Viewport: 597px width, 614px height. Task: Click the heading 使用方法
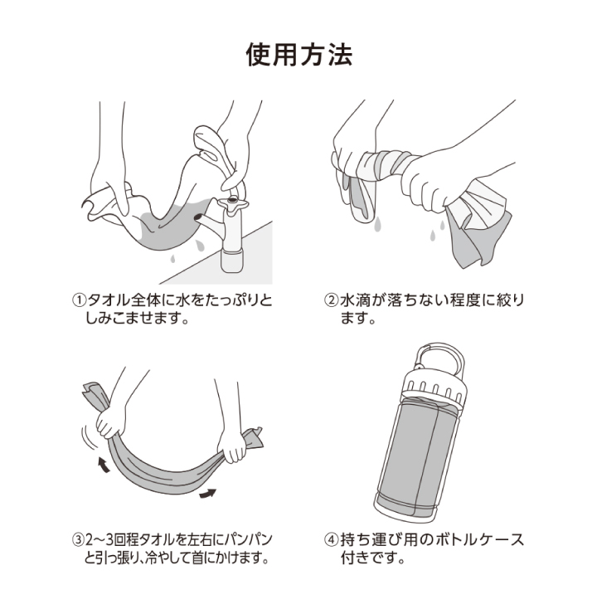(298, 55)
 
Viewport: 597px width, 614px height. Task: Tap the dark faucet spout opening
(198, 217)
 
